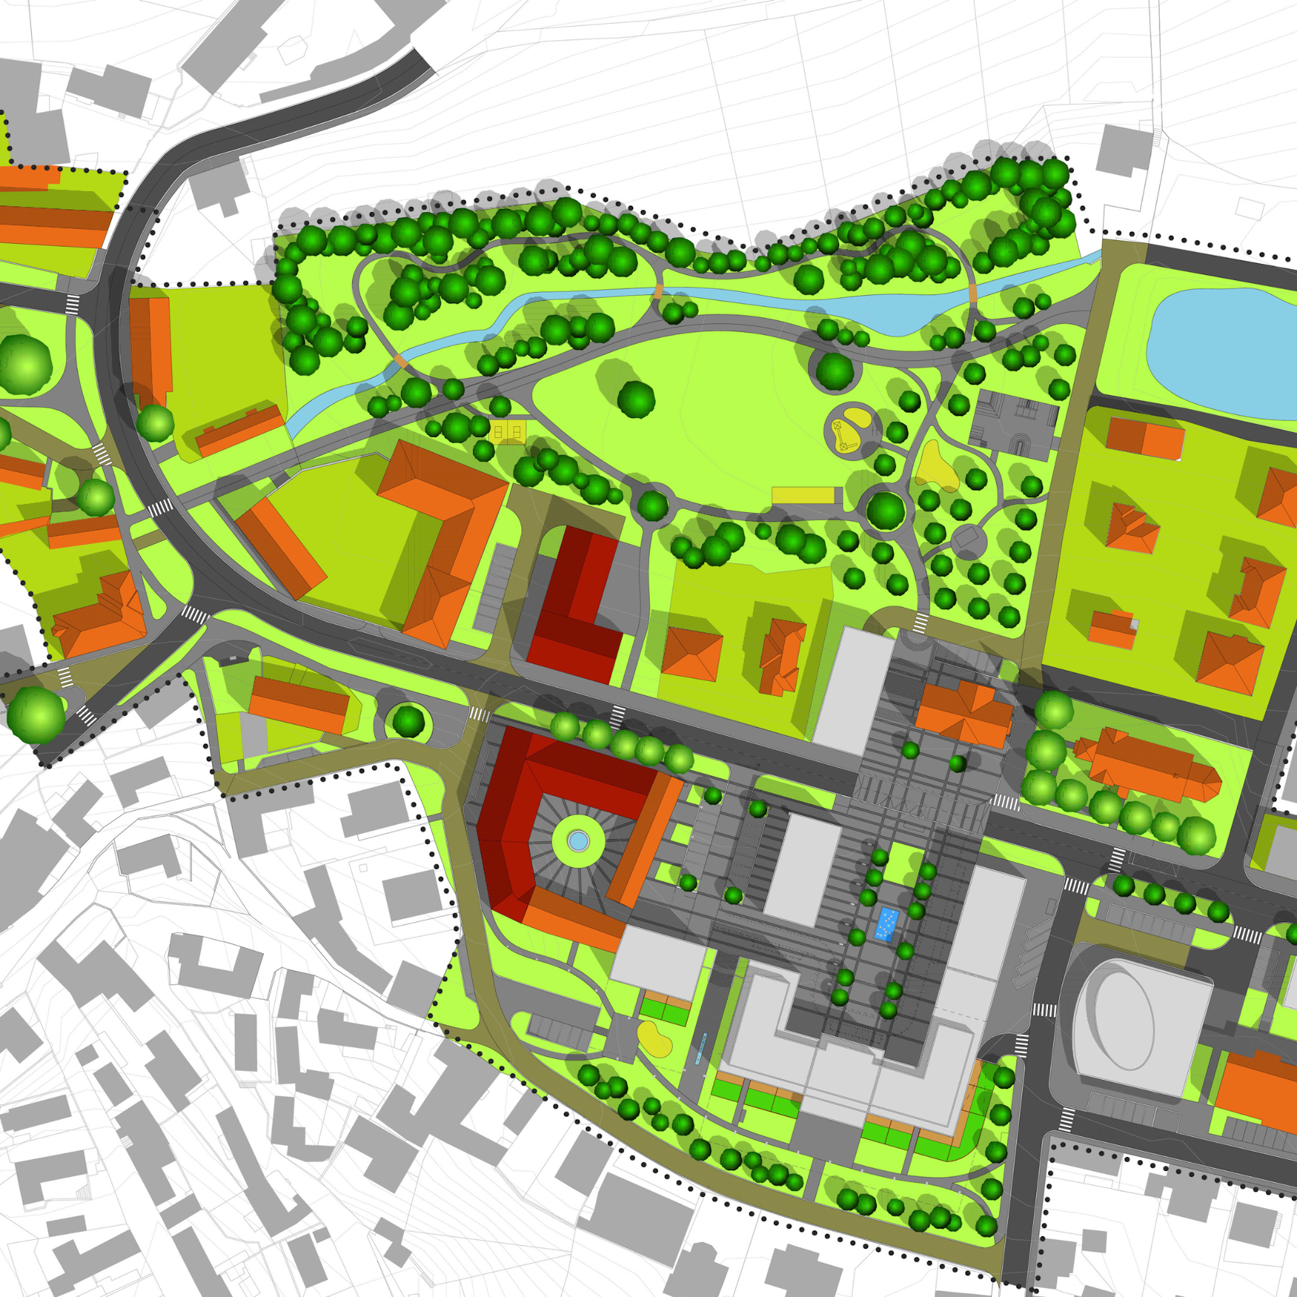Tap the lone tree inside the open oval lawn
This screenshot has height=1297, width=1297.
pos(636,399)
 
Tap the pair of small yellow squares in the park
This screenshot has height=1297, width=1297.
pos(508,432)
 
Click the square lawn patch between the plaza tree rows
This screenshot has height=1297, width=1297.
pos(899,863)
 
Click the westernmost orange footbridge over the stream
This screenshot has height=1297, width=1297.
pos(401,360)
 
